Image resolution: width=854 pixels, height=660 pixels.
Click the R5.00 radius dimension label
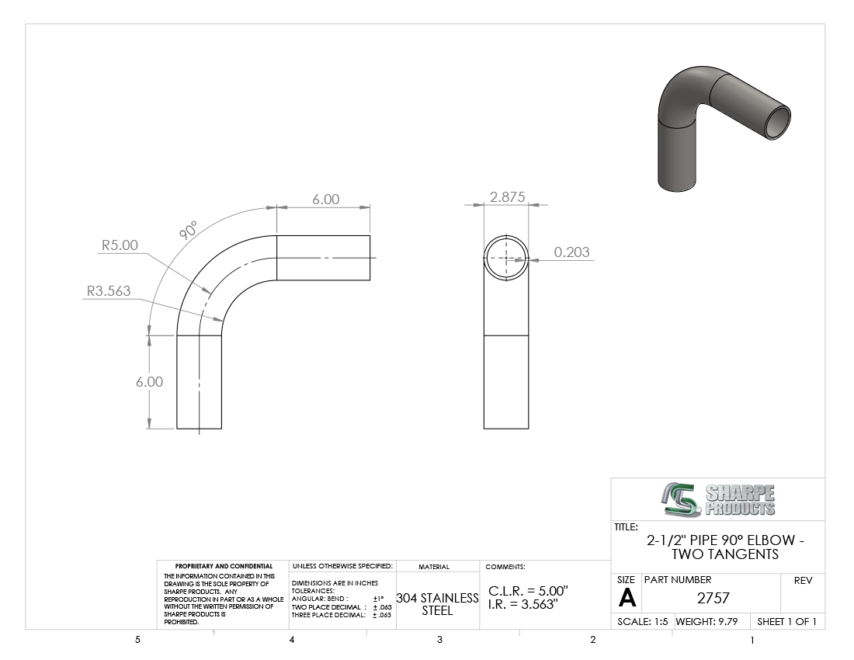(120, 245)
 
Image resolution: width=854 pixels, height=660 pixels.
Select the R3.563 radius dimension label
(109, 291)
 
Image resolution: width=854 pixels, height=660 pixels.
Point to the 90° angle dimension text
(189, 231)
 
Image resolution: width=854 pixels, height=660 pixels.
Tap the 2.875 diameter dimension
(507, 196)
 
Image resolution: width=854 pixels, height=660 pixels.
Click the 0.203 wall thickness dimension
(571, 252)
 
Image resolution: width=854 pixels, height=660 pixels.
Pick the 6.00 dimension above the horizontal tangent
(326, 200)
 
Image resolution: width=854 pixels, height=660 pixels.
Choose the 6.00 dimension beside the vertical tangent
(149, 382)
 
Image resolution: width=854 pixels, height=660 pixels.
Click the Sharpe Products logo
(718, 499)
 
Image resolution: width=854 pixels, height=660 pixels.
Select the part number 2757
(713, 598)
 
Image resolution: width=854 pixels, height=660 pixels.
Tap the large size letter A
(627, 599)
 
